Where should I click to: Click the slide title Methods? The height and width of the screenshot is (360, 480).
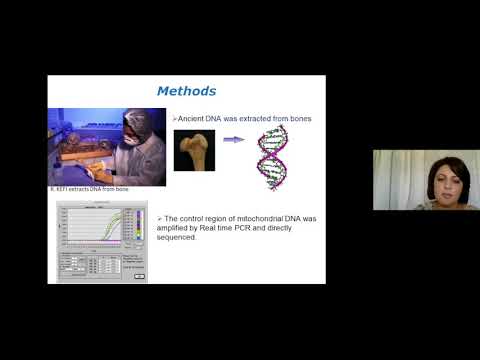(x=187, y=91)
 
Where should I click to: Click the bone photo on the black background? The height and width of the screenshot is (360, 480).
(x=194, y=150)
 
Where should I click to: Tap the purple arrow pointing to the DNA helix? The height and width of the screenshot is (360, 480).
(x=233, y=141)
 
